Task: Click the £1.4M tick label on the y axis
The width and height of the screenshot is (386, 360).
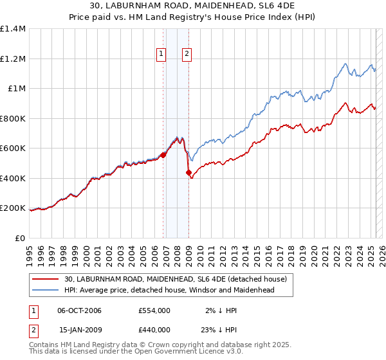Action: point(13,29)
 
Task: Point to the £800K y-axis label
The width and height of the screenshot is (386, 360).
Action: point(13,118)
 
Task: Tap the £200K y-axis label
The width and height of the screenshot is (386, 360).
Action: point(13,208)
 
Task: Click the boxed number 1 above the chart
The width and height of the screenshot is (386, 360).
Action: point(160,55)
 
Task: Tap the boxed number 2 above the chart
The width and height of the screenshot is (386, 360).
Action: point(186,55)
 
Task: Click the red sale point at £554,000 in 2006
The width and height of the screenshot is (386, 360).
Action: point(163,155)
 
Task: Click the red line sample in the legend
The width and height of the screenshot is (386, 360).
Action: point(46,279)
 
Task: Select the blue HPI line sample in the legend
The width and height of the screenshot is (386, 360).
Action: point(46,290)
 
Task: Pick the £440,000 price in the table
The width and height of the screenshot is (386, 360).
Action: point(154,329)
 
